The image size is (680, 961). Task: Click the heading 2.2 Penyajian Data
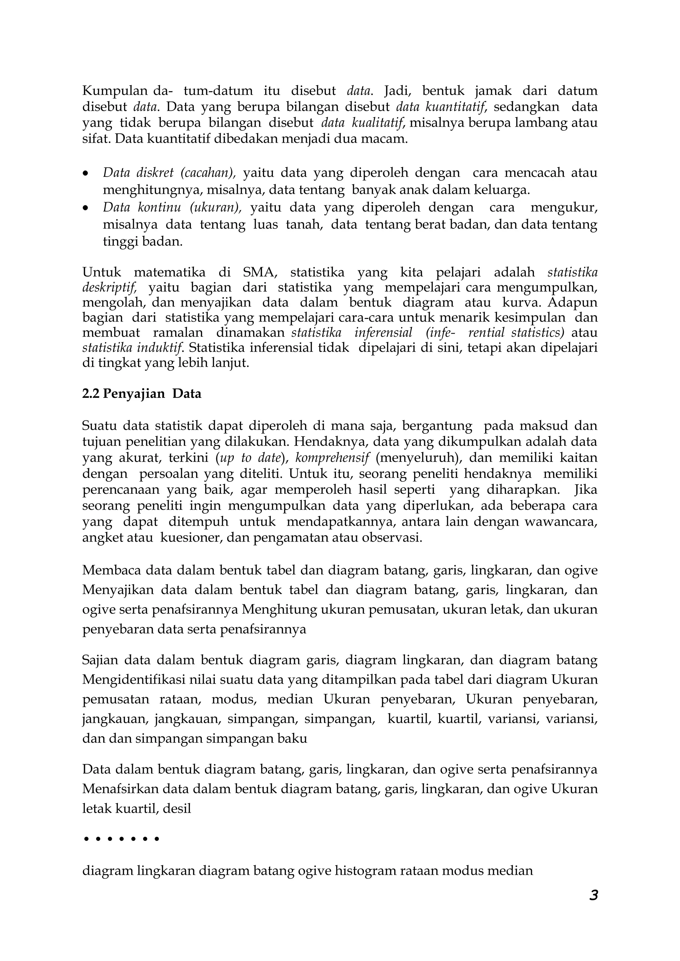[141, 394]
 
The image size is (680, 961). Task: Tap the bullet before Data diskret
[86, 173]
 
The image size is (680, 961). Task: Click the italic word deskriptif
[109, 288]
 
